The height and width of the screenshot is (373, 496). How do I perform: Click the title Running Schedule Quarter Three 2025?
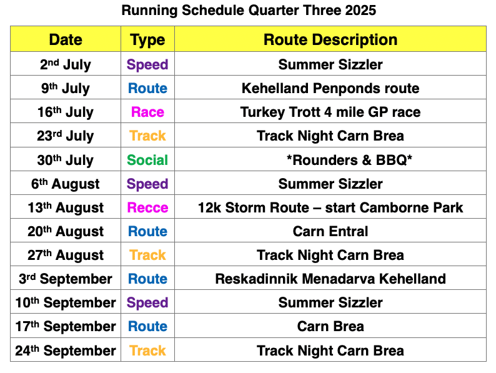pyautogui.click(x=249, y=10)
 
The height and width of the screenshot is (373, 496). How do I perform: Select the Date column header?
pyautogui.click(x=66, y=40)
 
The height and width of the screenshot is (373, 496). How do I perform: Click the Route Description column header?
pyautogui.click(x=330, y=40)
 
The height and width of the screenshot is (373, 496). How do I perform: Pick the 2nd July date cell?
pyautogui.click(x=66, y=64)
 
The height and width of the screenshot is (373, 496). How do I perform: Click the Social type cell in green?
pyautogui.click(x=147, y=160)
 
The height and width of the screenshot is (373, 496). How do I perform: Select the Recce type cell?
pyautogui.click(x=147, y=207)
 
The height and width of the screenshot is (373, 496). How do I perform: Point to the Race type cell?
pyautogui.click(x=147, y=112)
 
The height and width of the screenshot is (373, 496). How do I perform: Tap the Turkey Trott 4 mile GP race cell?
pyautogui.click(x=330, y=112)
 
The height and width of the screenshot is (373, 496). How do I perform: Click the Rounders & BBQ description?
pyautogui.click(x=349, y=160)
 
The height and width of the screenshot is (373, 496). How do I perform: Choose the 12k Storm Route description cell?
pyautogui.click(x=330, y=207)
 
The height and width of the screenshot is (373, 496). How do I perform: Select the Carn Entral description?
pyautogui.click(x=330, y=231)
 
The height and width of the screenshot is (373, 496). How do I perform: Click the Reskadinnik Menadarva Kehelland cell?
pyautogui.click(x=330, y=279)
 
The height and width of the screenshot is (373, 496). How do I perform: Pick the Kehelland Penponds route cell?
pyautogui.click(x=330, y=88)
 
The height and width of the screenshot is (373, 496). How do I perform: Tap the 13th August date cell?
pyautogui.click(x=66, y=207)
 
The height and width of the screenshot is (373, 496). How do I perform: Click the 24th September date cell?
pyautogui.click(x=66, y=351)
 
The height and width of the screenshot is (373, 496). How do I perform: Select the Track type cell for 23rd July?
pyautogui.click(x=147, y=136)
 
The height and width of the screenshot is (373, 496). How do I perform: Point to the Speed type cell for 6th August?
pyautogui.click(x=147, y=184)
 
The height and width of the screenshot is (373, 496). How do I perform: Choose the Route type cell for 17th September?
pyautogui.click(x=147, y=327)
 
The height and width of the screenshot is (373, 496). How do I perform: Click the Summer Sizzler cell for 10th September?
pyautogui.click(x=330, y=303)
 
